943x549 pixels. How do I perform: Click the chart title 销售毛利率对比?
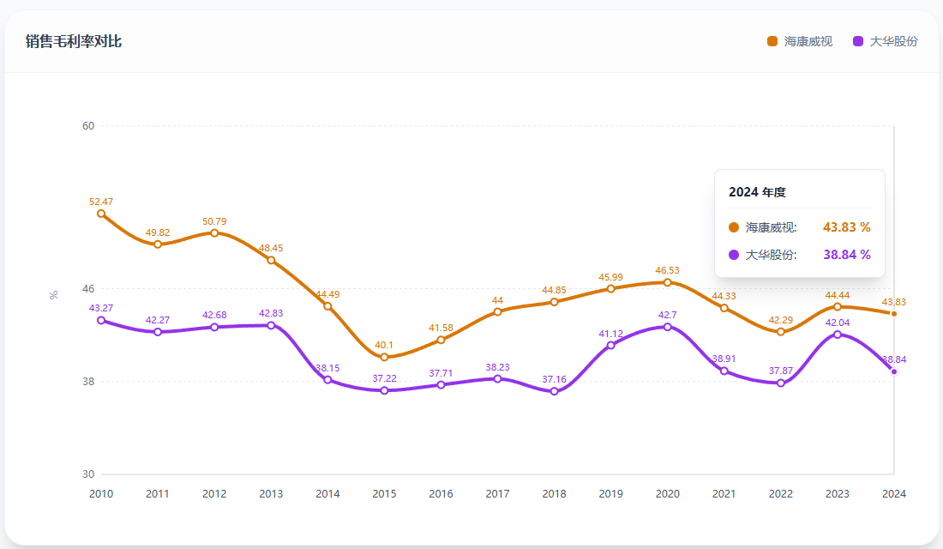tap(74, 41)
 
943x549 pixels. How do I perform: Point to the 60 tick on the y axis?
tap(87, 126)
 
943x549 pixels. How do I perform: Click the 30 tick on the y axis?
tap(87, 474)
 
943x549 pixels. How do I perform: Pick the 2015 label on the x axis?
tap(384, 494)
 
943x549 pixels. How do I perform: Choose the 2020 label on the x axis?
tap(667, 494)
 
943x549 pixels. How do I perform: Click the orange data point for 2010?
tap(101, 214)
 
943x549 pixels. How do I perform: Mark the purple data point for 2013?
tap(271, 325)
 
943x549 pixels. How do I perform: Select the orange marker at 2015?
tap(384, 357)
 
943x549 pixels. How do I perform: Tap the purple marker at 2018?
tap(554, 391)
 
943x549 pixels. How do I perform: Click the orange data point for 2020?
tap(667, 282)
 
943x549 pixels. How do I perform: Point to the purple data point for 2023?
tap(837, 334)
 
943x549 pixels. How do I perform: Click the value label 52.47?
tap(101, 202)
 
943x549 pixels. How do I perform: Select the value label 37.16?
tap(554, 379)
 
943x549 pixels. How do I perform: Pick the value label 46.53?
tap(667, 270)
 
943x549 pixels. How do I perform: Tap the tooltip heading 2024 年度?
tap(757, 192)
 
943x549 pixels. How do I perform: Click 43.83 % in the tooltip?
tap(846, 227)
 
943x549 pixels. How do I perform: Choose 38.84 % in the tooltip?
tap(846, 255)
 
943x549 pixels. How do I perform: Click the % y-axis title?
tap(54, 295)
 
